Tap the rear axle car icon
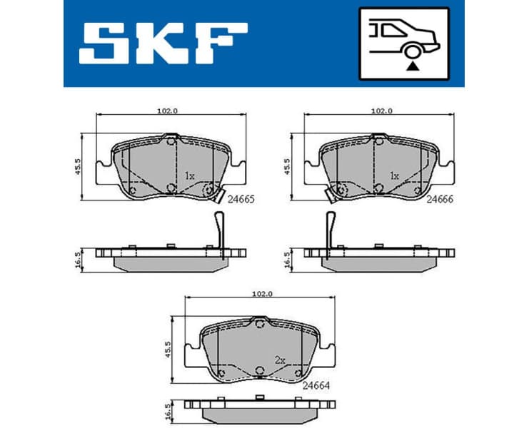click(x=404, y=42)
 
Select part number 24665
click(x=241, y=201)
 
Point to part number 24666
click(x=440, y=201)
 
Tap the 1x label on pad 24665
click(x=188, y=175)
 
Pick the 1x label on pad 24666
click(x=393, y=175)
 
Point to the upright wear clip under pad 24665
click(x=221, y=233)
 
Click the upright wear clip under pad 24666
click(x=331, y=233)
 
